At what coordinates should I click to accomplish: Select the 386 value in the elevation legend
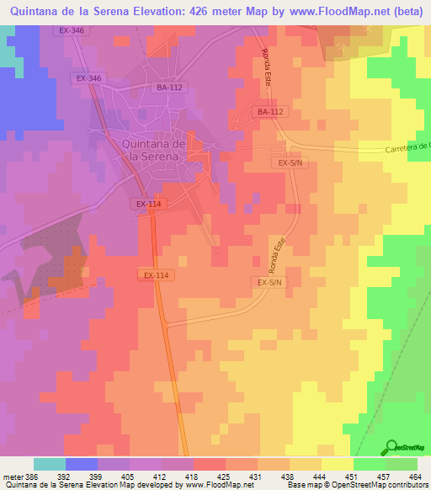pyautogui.click(x=32, y=476)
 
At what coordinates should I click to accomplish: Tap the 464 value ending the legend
pyautogui.click(x=417, y=476)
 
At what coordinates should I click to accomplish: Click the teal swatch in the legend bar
pyautogui.click(x=49, y=464)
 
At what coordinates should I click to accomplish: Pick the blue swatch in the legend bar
pyautogui.click(x=82, y=464)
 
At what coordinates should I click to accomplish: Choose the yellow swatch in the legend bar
pyautogui.click(x=337, y=464)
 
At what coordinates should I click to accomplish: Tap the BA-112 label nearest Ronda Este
pyautogui.click(x=270, y=112)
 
